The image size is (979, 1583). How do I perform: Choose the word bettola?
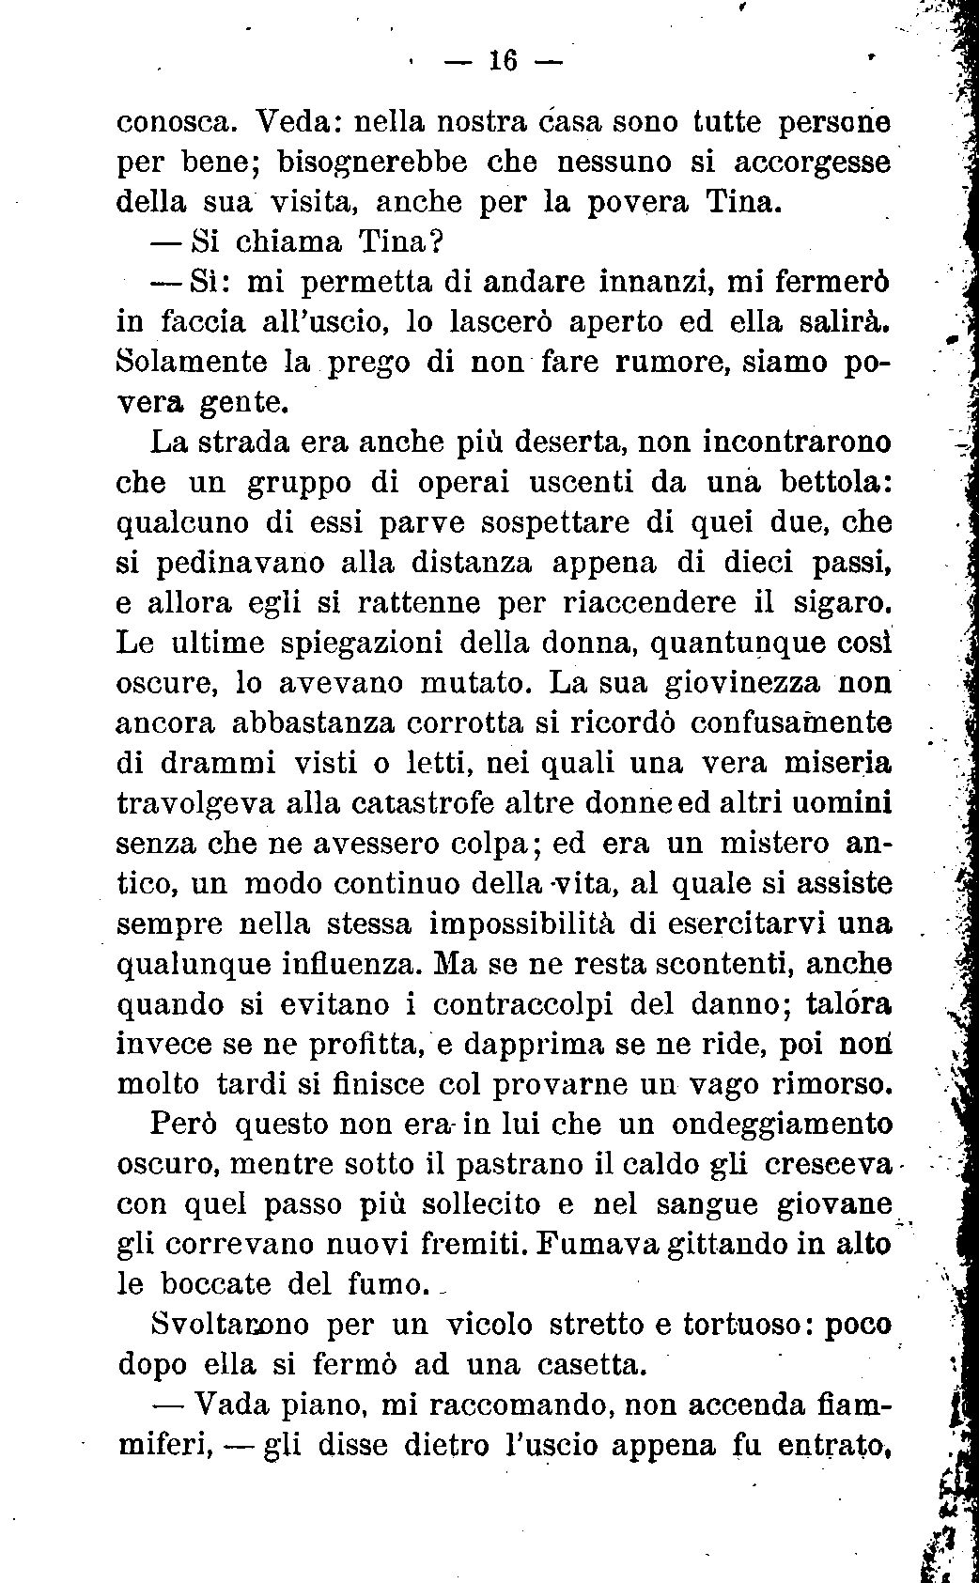click(x=830, y=481)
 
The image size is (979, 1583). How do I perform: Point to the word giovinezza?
click(x=743, y=682)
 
